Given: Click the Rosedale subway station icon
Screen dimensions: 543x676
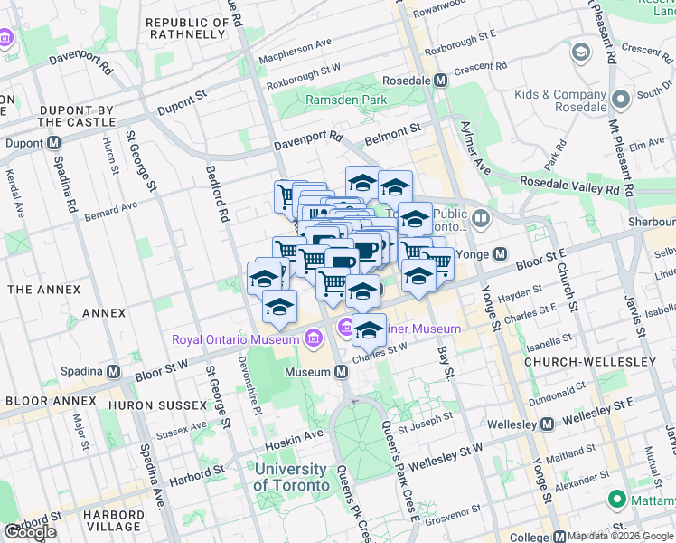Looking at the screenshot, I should [x=441, y=81].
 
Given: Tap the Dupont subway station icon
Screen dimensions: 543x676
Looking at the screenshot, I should [x=54, y=143].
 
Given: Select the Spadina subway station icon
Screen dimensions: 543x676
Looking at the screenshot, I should [x=114, y=371].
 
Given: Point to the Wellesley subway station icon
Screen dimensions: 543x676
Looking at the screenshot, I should [x=548, y=424].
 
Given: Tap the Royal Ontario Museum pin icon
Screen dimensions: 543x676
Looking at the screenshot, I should [x=313, y=338].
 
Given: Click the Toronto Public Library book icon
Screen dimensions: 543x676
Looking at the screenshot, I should [x=480, y=218].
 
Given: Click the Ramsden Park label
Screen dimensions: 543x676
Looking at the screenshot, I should [x=346, y=100].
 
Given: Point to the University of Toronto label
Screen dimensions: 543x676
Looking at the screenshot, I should [x=291, y=477].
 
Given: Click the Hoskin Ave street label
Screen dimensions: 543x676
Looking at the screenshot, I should [x=294, y=435].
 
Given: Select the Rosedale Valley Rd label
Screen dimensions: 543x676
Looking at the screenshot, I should [x=570, y=185].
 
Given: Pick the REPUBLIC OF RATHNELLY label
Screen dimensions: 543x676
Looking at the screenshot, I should [x=184, y=28].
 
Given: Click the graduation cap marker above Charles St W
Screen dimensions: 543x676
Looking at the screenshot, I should [x=369, y=331].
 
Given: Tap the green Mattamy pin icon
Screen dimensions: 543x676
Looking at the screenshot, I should [x=617, y=499].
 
